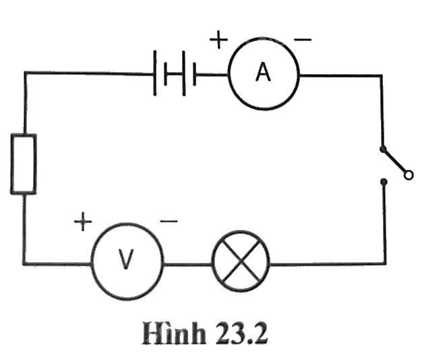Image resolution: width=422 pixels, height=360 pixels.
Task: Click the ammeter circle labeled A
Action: tap(264, 38)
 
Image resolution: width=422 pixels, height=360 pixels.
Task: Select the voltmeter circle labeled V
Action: tap(127, 224)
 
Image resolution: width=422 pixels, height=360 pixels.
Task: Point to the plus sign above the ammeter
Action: tap(219, 40)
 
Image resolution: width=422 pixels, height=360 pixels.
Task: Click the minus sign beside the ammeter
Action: tap(303, 40)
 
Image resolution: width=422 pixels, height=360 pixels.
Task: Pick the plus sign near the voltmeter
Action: tap(83, 221)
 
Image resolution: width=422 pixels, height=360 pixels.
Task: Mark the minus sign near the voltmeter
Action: tap(169, 221)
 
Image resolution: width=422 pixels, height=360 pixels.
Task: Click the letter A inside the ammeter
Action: tap(263, 71)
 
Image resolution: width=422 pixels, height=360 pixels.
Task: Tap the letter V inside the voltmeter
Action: tap(125, 259)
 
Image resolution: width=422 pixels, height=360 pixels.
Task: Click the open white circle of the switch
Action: tap(409, 175)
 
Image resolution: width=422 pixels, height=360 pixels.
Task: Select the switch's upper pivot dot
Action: tap(383, 149)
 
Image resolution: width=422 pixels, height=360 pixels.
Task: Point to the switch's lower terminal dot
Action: tap(384, 182)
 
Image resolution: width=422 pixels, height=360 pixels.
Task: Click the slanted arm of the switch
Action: tap(394, 161)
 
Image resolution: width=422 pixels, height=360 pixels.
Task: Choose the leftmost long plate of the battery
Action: tap(155, 73)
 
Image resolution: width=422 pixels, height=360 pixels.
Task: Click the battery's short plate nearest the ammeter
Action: tap(195, 74)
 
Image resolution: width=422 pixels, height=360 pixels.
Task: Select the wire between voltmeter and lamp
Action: tap(187, 265)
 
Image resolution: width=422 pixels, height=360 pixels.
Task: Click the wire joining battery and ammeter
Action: tap(212, 74)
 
